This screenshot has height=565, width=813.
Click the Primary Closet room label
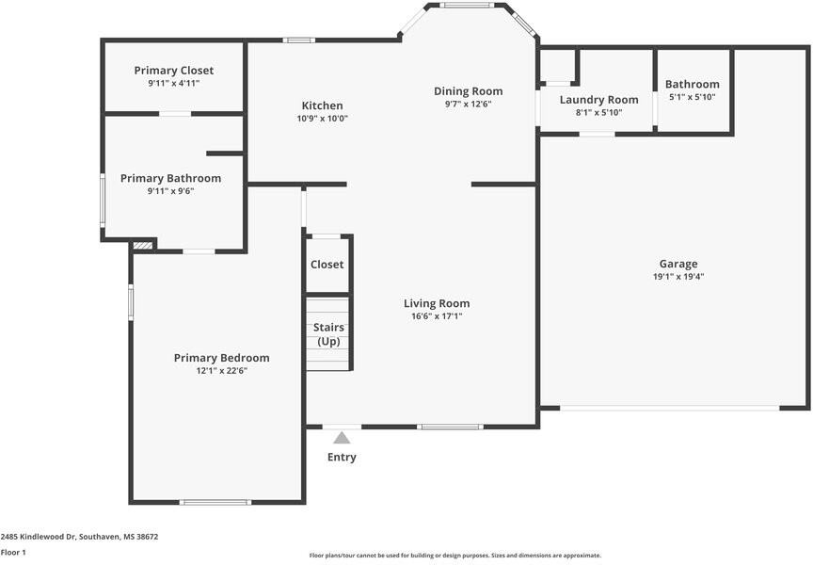173,71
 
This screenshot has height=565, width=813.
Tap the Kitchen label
322,105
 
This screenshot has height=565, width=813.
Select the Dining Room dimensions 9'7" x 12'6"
468,104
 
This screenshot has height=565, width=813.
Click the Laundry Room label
598,100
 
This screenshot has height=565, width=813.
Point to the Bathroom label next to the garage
693,84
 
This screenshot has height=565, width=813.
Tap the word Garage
678,264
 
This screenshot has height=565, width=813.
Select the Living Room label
437,303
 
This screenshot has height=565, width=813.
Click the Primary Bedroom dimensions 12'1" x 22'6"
221,371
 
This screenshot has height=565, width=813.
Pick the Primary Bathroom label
170,178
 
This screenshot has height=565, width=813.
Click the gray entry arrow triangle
342,437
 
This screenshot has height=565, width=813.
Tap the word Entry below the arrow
342,458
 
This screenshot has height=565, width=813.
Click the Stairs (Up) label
328,334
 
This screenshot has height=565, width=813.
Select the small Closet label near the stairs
327,265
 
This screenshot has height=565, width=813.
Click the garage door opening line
670,408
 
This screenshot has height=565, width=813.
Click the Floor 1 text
13,552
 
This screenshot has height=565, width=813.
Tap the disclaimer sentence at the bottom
455,556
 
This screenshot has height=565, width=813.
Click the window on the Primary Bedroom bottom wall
215,502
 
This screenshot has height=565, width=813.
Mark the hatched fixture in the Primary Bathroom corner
143,245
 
